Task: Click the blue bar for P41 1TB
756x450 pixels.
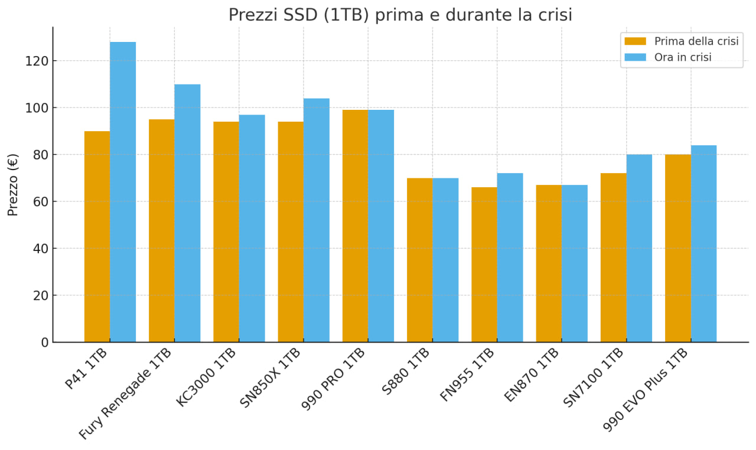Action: [x=123, y=192]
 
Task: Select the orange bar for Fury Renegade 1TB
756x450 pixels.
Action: [x=161, y=230]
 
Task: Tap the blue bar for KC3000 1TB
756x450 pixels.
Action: [x=252, y=229]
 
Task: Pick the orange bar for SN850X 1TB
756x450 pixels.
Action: [x=291, y=231]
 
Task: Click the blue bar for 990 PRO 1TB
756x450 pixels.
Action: [x=381, y=226]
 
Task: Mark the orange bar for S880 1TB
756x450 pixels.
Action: [x=419, y=260]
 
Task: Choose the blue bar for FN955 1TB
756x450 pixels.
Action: [x=510, y=257]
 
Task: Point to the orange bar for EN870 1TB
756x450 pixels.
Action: [x=549, y=263]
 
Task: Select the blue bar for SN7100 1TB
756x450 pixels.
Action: [x=639, y=248]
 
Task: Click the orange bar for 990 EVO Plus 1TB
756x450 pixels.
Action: [x=677, y=248]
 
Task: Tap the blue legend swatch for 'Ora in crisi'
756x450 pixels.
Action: [x=636, y=57]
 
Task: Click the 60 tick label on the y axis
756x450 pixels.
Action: [x=40, y=201]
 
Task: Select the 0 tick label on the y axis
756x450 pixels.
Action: [x=44, y=343]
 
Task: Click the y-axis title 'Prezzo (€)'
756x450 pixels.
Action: [x=13, y=184]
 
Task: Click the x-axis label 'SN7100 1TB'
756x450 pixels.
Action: [x=594, y=377]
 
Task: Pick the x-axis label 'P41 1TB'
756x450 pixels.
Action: [x=87, y=369]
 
